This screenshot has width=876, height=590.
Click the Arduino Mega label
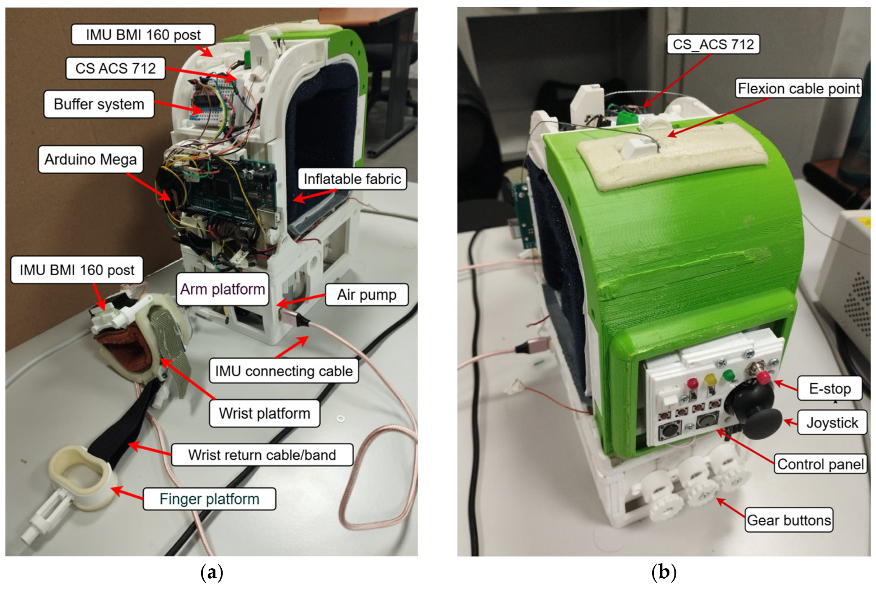[x=91, y=159]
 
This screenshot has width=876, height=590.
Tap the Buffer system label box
[x=99, y=104]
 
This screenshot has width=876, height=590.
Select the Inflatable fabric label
[x=352, y=179]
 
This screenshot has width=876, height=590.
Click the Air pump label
[x=367, y=295]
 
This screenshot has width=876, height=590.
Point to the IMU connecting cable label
[x=284, y=371]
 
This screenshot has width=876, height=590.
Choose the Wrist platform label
[x=264, y=413]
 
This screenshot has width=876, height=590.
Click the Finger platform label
[x=209, y=499]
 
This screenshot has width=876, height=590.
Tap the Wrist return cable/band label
[x=262, y=455]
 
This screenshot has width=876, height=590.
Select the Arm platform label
[x=223, y=289]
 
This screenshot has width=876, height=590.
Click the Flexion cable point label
[x=798, y=88]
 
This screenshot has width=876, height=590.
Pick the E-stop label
[x=829, y=388]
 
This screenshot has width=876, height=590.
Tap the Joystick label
[x=832, y=422]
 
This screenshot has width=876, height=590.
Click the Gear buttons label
[x=789, y=520]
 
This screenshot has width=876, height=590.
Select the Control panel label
[x=820, y=464]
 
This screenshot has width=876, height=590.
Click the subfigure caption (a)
[x=212, y=572]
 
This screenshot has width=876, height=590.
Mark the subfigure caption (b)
[x=663, y=572]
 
